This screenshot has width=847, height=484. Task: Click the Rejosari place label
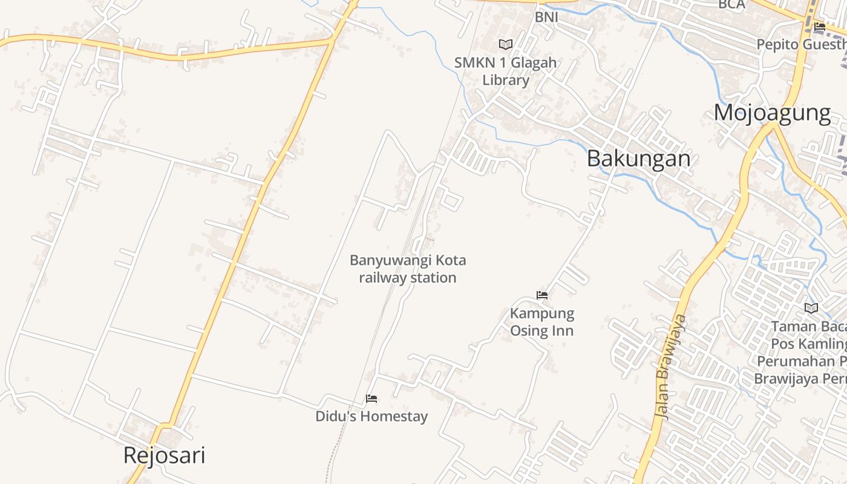164,456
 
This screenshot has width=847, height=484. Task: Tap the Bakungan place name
638,159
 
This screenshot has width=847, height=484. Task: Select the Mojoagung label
772,113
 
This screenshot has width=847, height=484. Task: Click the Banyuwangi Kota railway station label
408,269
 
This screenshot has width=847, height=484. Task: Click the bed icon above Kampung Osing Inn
542,295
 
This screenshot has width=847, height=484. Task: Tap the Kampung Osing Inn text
542,322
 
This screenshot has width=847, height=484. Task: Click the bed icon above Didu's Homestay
371,399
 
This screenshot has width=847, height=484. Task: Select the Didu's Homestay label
371,416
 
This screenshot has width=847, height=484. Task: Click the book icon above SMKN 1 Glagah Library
505,44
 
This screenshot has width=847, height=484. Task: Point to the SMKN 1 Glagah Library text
506,71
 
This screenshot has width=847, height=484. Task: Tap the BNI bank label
546,18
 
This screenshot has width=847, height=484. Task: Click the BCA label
731,5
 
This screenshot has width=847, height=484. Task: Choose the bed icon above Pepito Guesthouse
820,27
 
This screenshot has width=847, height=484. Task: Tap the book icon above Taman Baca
811,308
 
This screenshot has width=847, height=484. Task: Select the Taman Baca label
808,327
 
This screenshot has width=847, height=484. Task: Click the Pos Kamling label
808,344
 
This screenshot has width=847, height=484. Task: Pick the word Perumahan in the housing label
799,361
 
